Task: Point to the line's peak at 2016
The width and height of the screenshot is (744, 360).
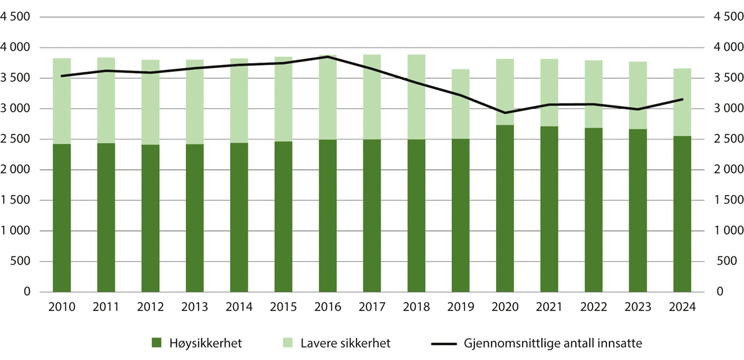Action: click(327, 57)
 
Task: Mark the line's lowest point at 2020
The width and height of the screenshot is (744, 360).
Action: click(505, 113)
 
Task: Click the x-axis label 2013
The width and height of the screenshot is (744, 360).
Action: click(194, 307)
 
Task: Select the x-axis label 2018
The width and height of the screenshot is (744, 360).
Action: click(416, 307)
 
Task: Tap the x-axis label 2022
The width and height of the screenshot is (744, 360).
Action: click(593, 307)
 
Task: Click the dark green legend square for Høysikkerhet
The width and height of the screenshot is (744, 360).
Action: click(157, 342)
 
